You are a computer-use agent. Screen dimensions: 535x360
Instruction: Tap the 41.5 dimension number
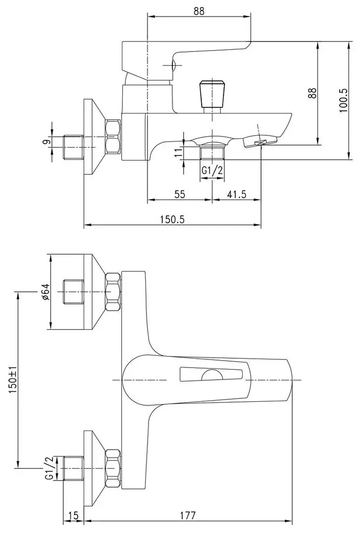tap(237, 194)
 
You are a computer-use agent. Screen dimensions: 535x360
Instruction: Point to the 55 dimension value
tap(180, 194)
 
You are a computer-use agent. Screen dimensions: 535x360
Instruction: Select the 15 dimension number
tap(73, 516)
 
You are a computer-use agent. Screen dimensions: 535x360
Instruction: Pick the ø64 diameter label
tap(45, 292)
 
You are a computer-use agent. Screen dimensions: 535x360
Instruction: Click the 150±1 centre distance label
tap(13, 379)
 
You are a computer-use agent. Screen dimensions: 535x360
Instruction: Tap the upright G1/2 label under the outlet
tap(212, 170)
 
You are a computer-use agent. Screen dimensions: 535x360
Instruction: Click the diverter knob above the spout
tap(212, 94)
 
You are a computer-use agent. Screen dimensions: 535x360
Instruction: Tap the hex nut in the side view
tap(113, 136)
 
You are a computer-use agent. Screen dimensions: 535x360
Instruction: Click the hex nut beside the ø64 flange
tap(113, 292)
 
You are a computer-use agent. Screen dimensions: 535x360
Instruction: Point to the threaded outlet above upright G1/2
tap(212, 152)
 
